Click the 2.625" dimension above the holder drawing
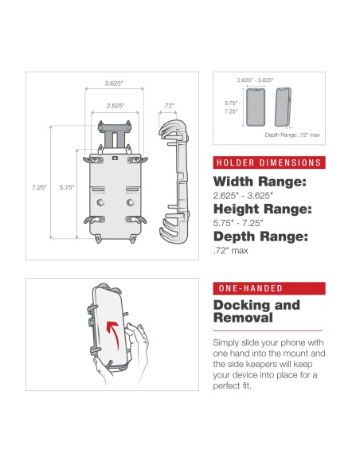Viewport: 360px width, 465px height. (x=116, y=104)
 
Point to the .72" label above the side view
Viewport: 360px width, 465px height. (x=168, y=104)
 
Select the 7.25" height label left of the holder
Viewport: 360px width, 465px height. (x=39, y=187)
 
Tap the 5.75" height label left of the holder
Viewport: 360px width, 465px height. (x=67, y=187)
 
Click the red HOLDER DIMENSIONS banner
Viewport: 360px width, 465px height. (x=268, y=163)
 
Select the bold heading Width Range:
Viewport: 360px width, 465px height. (x=260, y=182)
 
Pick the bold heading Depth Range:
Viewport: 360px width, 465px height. (x=260, y=236)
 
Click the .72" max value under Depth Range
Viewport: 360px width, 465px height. (x=231, y=251)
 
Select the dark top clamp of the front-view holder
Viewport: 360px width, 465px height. (x=116, y=125)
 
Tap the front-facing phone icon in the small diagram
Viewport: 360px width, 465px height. (x=255, y=107)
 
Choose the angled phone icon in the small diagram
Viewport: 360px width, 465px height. (x=282, y=107)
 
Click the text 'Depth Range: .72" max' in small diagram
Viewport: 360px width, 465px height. (x=292, y=135)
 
